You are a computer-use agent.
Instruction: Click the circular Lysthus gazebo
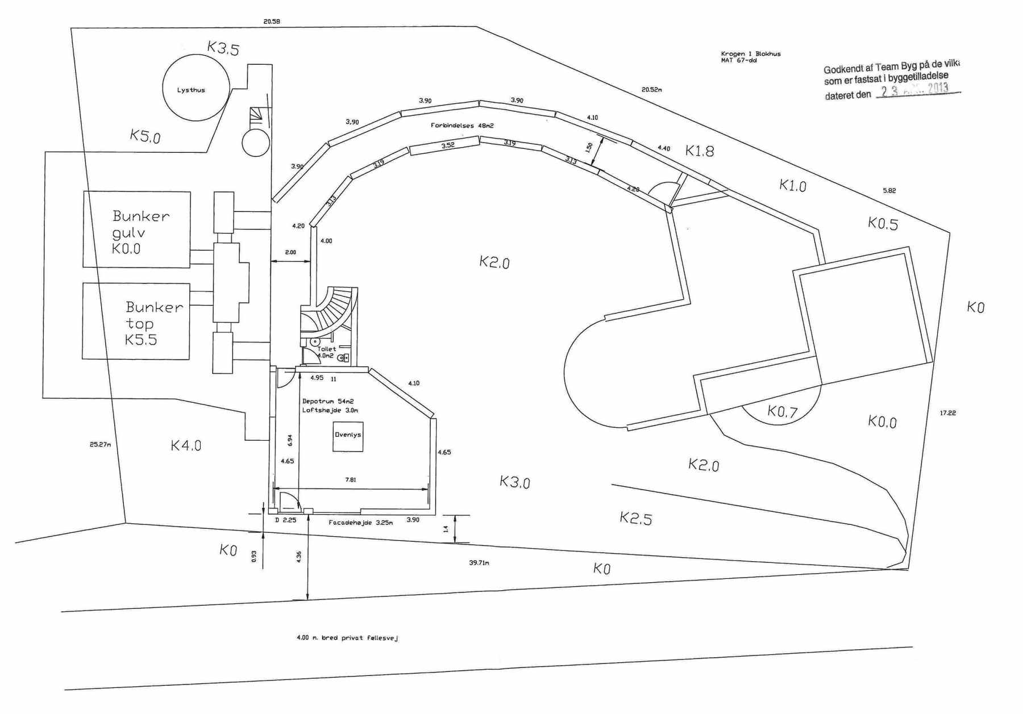point(196,88)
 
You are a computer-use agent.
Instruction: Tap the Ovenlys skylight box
point(348,436)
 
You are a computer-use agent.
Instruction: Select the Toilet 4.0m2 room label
point(326,352)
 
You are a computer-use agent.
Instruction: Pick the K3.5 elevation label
point(223,48)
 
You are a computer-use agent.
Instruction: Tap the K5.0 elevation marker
point(145,136)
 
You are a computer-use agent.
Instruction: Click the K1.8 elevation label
point(700,151)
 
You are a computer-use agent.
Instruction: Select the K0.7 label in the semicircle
point(783,411)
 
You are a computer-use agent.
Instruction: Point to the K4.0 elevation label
point(186,445)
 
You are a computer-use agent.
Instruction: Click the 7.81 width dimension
point(351,480)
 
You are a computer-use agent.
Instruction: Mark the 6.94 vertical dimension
point(290,440)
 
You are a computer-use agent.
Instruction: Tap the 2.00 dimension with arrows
point(290,252)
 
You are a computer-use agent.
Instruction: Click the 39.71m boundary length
point(479,563)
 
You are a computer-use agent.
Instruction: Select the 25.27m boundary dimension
point(100,444)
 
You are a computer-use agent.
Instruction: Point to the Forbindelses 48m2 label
point(462,126)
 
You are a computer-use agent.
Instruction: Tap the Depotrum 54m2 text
point(328,401)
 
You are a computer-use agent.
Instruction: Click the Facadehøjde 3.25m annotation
point(360,523)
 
